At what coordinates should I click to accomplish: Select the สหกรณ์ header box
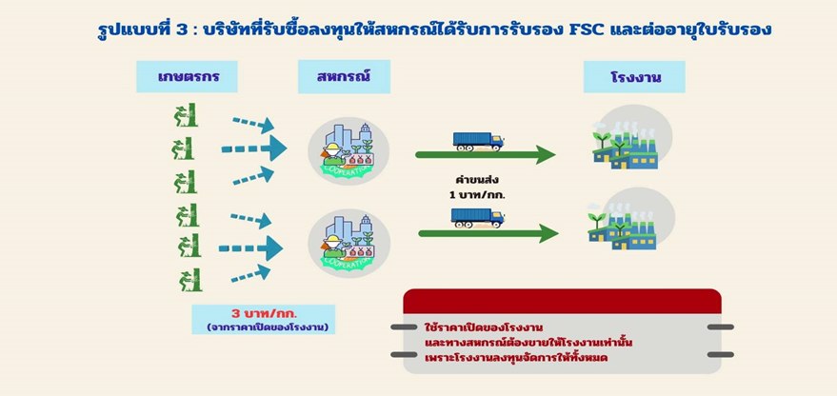pyautogui.click(x=344, y=76)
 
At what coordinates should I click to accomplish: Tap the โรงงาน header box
pyautogui.click(x=634, y=77)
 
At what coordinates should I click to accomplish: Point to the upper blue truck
pyautogui.click(x=479, y=142)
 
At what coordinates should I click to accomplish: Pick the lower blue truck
pyautogui.click(x=478, y=218)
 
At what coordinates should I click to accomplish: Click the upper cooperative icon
pyautogui.click(x=349, y=151)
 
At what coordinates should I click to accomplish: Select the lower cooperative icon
pyautogui.click(x=349, y=244)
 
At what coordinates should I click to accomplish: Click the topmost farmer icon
pyautogui.click(x=187, y=115)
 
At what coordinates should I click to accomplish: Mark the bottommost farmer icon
pyautogui.click(x=190, y=279)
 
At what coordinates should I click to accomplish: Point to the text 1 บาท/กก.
pyautogui.click(x=477, y=195)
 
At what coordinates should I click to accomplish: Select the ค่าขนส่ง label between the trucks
pyautogui.click(x=476, y=180)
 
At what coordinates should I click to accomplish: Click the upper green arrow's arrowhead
pyautogui.click(x=546, y=155)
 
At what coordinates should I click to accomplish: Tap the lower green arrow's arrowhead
pyautogui.click(x=548, y=233)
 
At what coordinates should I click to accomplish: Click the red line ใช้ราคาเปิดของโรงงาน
pyautogui.click(x=484, y=327)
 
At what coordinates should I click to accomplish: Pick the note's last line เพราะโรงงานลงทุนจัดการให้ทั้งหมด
pyautogui.click(x=516, y=358)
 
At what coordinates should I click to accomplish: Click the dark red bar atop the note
pyautogui.click(x=562, y=301)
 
